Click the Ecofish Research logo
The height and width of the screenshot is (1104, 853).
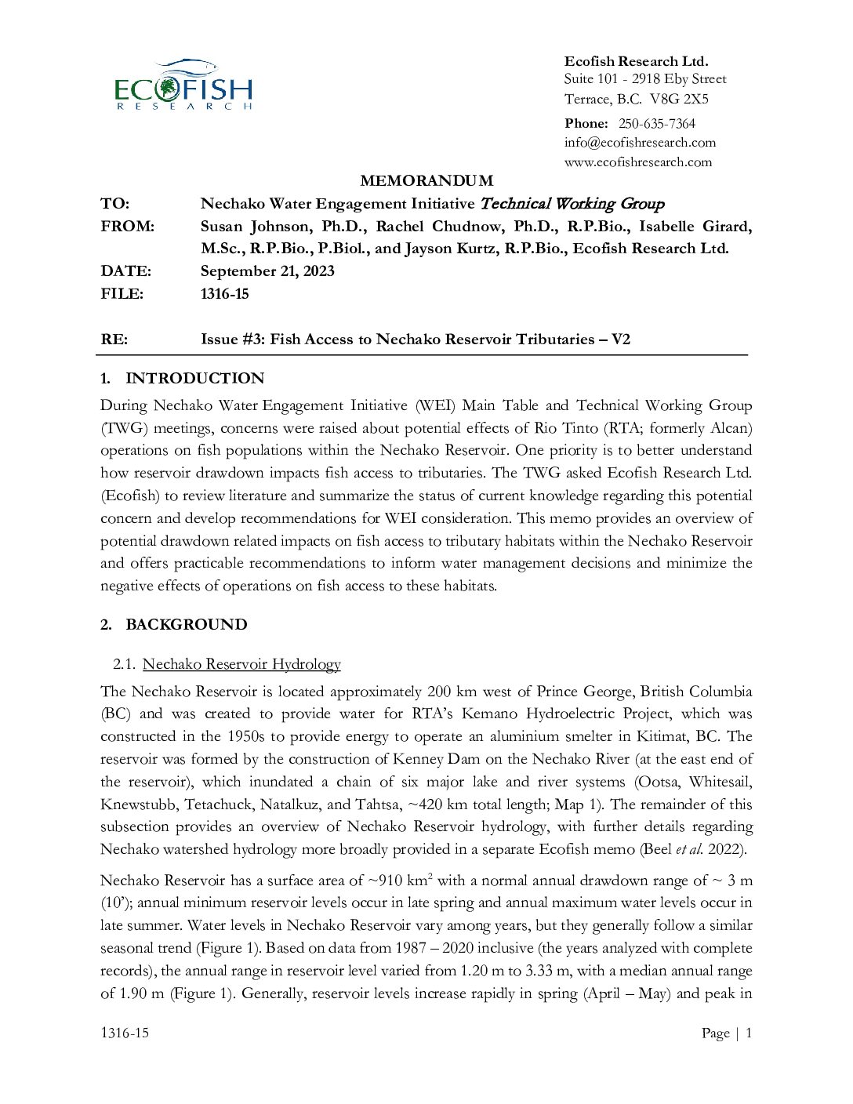click(183, 85)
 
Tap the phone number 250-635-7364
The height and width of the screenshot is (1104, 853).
click(656, 123)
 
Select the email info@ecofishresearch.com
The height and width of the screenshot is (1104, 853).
click(640, 142)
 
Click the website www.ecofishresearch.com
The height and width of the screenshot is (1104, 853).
click(637, 162)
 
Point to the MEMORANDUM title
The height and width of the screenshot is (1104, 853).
click(426, 181)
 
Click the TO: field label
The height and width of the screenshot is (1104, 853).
click(114, 204)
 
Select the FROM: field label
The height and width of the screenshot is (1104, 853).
click(127, 227)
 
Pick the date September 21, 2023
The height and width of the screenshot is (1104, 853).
click(267, 271)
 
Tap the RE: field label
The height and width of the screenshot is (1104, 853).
click(114, 340)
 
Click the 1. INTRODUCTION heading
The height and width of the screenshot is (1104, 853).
click(183, 379)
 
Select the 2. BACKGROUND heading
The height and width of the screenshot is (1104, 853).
click(174, 625)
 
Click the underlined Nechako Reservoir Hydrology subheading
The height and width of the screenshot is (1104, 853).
click(241, 664)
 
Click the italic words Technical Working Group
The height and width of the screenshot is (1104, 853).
click(572, 204)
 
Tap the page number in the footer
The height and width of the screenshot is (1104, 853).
click(748, 1033)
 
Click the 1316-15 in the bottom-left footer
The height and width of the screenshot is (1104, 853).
click(124, 1033)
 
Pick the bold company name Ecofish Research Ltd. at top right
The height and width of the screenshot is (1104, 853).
click(636, 61)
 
